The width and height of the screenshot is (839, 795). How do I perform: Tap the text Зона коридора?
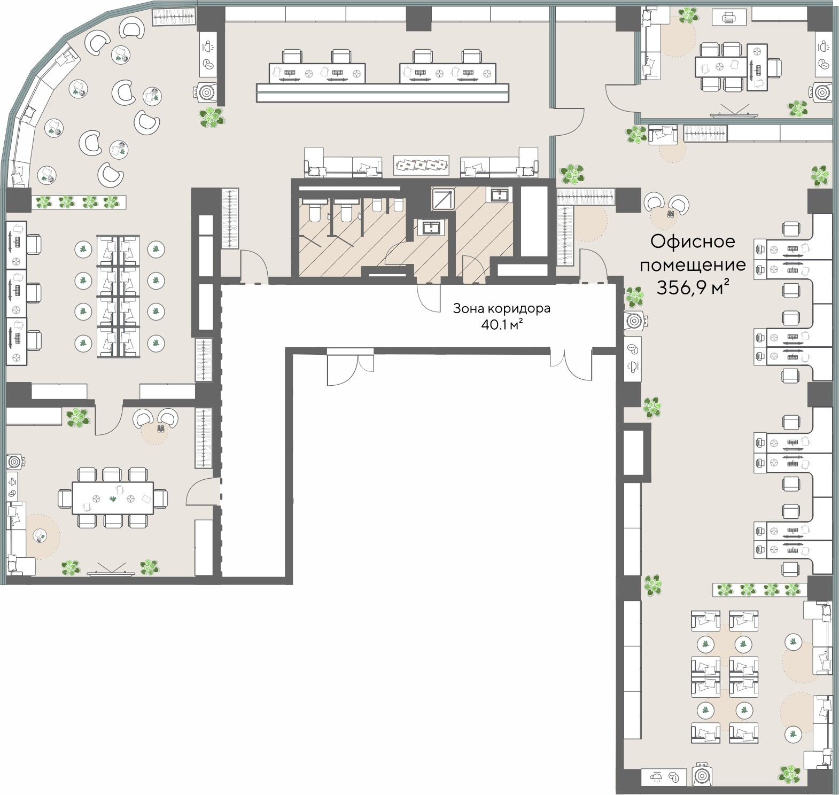pyautogui.click(x=501, y=308)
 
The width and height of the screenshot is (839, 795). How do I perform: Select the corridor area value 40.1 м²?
pyautogui.click(x=501, y=324)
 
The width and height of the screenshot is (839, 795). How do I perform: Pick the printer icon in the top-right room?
pyautogui.click(x=729, y=19)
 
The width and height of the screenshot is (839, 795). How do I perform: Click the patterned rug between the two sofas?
pyautogui.click(x=421, y=165)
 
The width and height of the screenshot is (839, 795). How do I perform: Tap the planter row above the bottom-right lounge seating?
pyautogui.click(x=759, y=590)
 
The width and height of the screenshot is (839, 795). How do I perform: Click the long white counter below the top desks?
pyautogui.click(x=382, y=92)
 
